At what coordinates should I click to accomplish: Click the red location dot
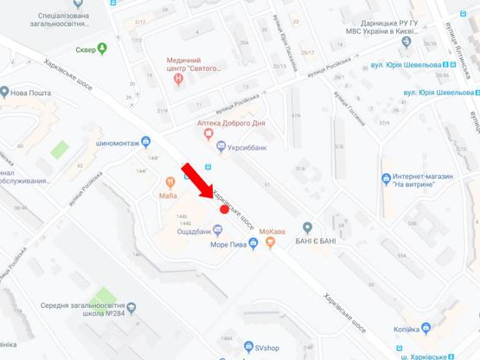coord(224,209)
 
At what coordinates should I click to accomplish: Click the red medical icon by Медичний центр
coord(178,78)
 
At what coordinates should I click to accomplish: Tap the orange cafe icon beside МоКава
coord(271,243)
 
